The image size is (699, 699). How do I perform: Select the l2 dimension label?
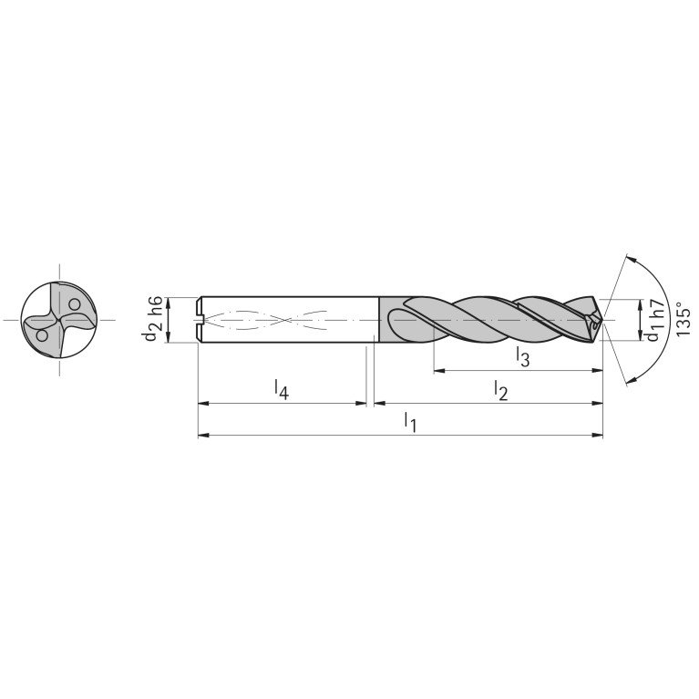500,389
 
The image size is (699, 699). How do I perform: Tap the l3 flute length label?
522,356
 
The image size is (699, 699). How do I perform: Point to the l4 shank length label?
283,389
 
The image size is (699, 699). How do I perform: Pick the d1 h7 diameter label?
653,320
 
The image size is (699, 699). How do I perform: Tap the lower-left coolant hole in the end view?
42,335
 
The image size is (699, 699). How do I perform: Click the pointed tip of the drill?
601,320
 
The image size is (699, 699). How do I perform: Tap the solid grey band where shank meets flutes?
386,320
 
